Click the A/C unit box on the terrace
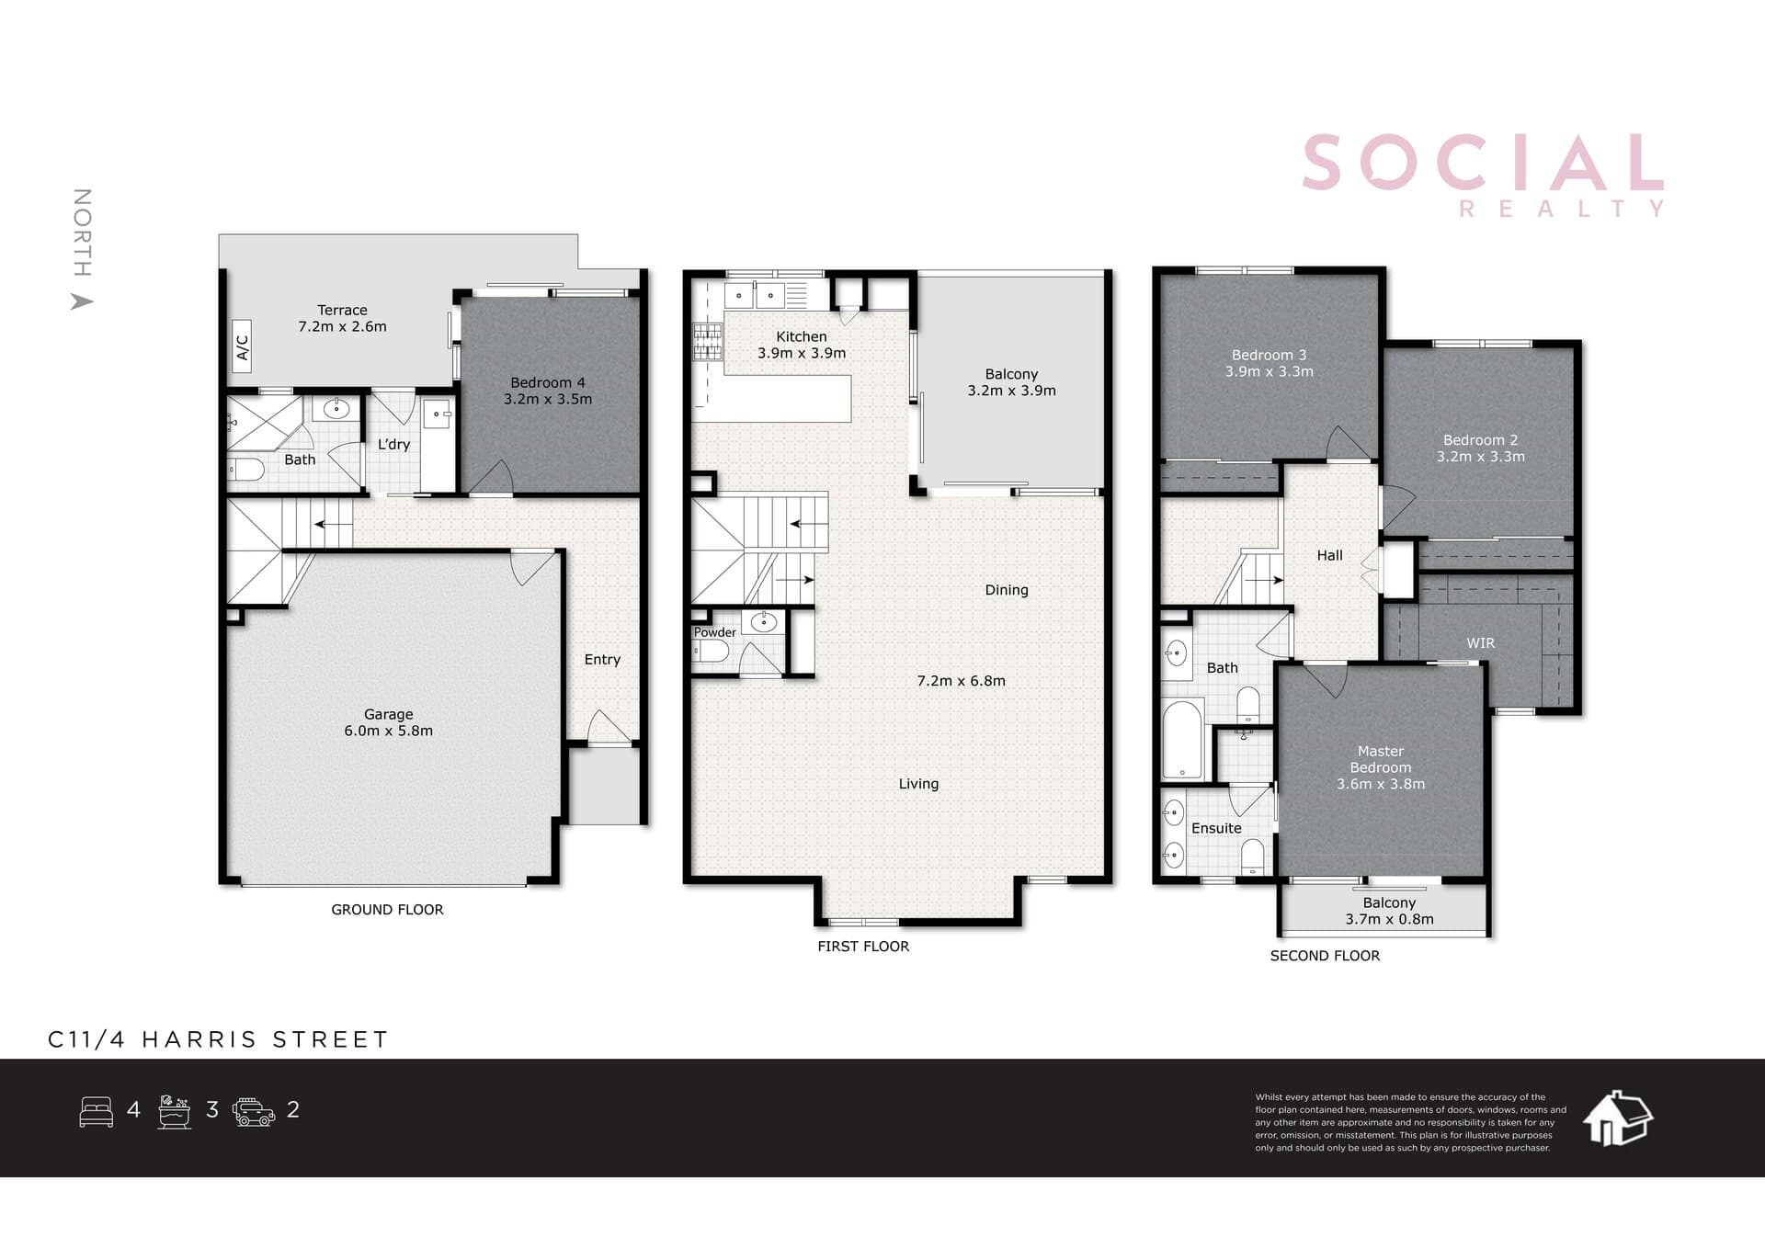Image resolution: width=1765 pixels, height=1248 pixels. click(x=242, y=346)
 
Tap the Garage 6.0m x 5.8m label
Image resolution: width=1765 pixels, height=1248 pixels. click(x=388, y=722)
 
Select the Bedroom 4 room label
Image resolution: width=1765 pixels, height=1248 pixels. click(x=548, y=391)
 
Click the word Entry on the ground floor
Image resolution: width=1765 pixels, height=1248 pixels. click(x=602, y=659)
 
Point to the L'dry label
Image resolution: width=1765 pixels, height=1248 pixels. click(x=393, y=444)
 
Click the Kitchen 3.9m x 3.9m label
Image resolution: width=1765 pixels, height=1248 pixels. click(x=802, y=345)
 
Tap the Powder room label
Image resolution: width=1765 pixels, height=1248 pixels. click(x=714, y=632)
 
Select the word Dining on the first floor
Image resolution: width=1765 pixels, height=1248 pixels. click(x=1007, y=590)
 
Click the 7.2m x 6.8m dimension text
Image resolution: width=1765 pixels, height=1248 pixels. click(x=961, y=681)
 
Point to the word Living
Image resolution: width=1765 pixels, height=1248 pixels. click(x=918, y=784)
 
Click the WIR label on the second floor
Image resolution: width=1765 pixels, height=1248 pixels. click(x=1480, y=643)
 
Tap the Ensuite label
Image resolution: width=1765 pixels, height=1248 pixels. click(x=1216, y=828)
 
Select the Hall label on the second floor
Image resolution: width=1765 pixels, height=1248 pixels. click(x=1329, y=555)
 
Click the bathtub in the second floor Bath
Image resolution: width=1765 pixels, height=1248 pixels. click(x=1182, y=741)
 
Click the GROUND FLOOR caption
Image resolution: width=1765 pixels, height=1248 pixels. click(x=387, y=910)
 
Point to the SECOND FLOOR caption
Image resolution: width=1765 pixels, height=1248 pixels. click(x=1325, y=956)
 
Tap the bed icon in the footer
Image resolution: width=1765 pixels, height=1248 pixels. click(x=97, y=1111)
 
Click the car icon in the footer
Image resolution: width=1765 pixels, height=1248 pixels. click(x=254, y=1112)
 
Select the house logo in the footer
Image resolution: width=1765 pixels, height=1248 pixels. click(x=1617, y=1118)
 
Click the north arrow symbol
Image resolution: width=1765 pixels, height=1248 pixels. click(x=82, y=301)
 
